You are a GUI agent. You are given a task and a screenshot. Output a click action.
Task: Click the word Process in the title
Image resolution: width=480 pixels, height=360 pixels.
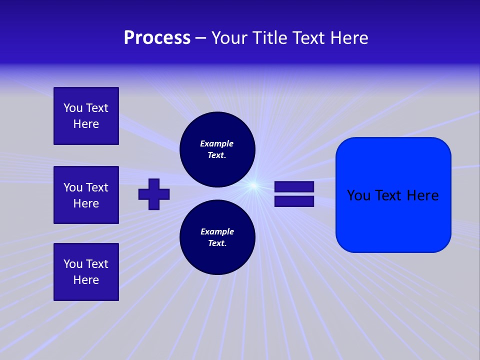pos(157,38)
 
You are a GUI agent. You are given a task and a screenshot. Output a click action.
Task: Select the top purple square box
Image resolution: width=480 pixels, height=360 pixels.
pos(86,116)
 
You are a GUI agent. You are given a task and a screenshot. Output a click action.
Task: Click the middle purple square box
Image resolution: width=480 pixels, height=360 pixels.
pos(86,195)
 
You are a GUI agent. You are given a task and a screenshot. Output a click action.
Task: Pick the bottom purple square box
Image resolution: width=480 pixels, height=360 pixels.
pos(86,272)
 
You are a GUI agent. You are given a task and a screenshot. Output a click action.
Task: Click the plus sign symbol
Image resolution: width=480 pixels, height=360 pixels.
pos(154,194)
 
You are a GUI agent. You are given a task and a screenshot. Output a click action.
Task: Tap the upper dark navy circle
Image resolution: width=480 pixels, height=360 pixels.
pos(217,149)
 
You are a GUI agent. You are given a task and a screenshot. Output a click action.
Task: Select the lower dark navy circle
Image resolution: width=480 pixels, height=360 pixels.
pos(217,237)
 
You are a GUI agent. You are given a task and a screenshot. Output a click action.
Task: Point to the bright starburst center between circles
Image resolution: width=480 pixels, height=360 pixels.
pos(254,186)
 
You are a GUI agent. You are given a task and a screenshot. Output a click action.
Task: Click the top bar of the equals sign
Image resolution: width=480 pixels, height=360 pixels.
pos(294,187)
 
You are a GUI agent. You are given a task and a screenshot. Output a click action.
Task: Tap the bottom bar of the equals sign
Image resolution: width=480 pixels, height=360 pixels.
pos(294,201)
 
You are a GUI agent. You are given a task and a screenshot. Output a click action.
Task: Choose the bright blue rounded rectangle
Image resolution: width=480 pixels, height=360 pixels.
pos(393,220)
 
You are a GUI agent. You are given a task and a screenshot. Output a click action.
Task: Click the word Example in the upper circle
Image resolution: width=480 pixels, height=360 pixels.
pos(216,143)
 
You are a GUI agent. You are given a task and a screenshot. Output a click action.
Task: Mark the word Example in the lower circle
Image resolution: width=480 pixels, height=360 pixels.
pos(217,231)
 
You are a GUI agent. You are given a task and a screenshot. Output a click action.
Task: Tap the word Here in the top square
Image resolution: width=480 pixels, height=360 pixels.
pos(86,124)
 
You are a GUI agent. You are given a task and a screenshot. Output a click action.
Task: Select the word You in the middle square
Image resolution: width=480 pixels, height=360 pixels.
pos(73,187)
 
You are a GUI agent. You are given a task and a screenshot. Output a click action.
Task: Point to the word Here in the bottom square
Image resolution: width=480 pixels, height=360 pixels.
pos(86,280)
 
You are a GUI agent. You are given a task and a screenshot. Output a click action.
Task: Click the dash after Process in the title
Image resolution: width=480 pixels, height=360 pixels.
pos(200,38)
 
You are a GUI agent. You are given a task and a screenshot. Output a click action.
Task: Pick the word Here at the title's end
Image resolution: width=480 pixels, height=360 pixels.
pos(350,38)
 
